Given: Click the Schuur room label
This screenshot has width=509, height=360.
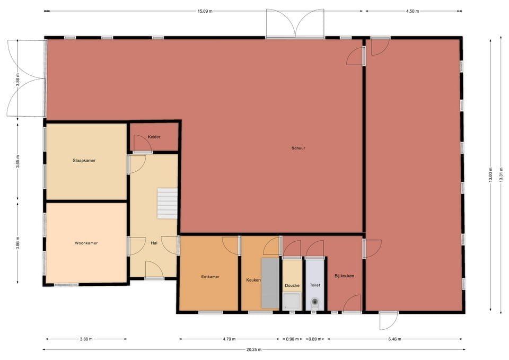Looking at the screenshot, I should point(298,148).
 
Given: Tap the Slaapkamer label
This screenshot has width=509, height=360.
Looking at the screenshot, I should point(84,160).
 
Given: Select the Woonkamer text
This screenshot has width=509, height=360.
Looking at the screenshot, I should point(86,243).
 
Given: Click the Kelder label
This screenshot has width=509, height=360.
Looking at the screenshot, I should point(154,137).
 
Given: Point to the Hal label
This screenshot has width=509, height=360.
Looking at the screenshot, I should point(154,243).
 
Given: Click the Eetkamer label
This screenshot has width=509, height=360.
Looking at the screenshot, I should point(210,277).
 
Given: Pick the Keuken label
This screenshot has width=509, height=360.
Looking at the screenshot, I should point(253,280).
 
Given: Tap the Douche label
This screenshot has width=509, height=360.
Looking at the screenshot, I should point(292,286).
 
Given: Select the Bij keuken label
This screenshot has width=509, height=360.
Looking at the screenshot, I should point(344,276).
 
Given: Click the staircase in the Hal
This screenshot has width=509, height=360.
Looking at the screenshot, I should point(167,203).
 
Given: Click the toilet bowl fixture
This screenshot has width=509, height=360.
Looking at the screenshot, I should point(315,303).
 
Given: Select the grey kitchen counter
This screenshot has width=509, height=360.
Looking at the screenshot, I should point(270,284).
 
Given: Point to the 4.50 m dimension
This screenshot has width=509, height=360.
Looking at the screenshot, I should point(412,11).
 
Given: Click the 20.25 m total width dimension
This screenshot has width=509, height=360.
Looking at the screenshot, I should point(253,349).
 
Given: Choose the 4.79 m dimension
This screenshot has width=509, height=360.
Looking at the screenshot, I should point(229,339).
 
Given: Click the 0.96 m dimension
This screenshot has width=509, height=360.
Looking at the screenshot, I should point(292,339).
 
